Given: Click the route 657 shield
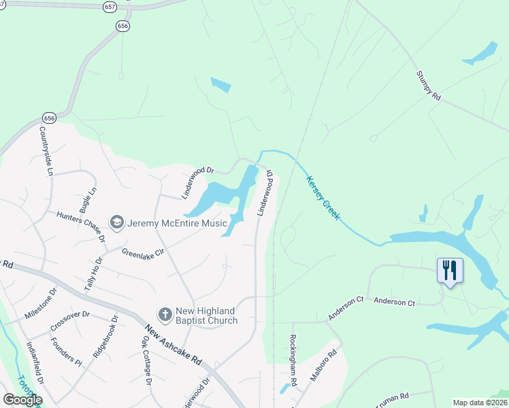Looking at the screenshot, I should pyautogui.click(x=110, y=6).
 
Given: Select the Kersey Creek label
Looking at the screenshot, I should pyautogui.click(x=323, y=198).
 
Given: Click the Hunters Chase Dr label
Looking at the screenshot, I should pyautogui.click(x=81, y=226).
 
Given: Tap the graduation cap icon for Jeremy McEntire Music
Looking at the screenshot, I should pyautogui.click(x=117, y=223).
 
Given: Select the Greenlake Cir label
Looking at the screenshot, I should pyautogui.click(x=143, y=253).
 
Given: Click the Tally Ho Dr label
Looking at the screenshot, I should pyautogui.click(x=93, y=274).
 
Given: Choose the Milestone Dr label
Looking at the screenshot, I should pyautogui.click(x=41, y=304).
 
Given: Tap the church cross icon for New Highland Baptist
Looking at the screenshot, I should pyautogui.click(x=165, y=315).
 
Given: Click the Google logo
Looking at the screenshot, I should pyautogui.click(x=22, y=399).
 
